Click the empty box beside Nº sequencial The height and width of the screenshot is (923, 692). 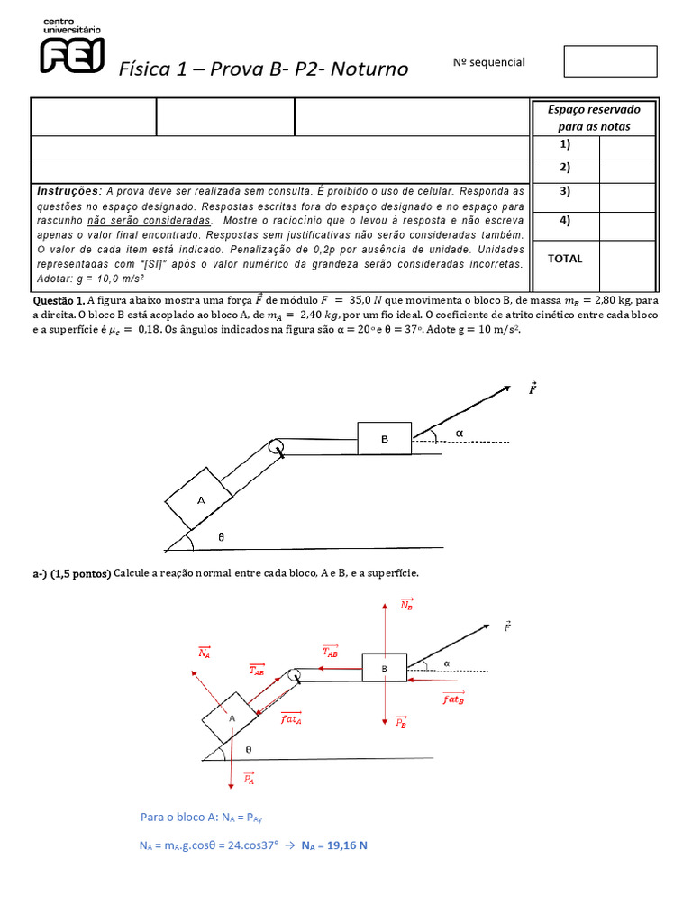(x=610, y=61)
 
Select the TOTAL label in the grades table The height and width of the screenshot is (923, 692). (x=565, y=259)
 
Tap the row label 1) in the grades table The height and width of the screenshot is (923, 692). (x=564, y=145)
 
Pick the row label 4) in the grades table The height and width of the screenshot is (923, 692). (x=564, y=221)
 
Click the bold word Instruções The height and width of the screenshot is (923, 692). (x=68, y=192)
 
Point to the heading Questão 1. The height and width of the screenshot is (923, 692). (x=59, y=300)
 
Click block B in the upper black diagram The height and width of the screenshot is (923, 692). (x=384, y=439)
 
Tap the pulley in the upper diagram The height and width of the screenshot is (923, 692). (x=276, y=446)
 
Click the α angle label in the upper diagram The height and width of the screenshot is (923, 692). (x=459, y=434)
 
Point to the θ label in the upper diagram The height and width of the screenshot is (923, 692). (x=221, y=537)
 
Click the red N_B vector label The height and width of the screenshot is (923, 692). (x=406, y=605)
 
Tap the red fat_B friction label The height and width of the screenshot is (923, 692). (x=453, y=698)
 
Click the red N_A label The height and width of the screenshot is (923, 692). (x=205, y=653)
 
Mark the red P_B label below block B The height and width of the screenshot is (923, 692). (x=402, y=723)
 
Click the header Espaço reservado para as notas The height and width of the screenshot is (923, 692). (x=594, y=117)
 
